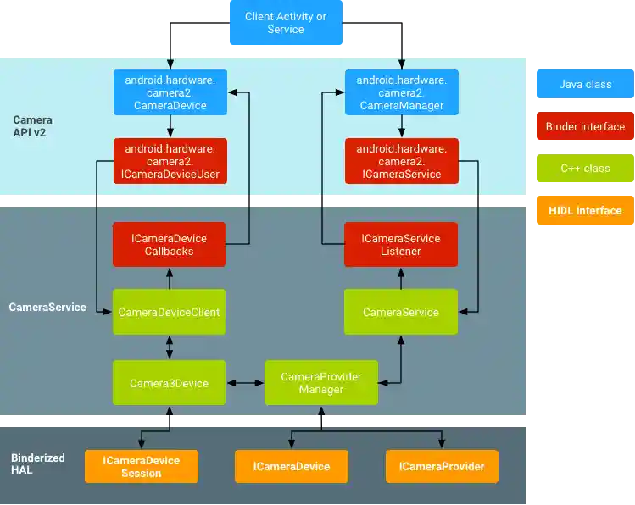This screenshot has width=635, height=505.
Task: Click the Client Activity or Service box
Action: pyautogui.click(x=285, y=23)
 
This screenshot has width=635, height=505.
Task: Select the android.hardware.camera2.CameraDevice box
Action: pyautogui.click(x=170, y=92)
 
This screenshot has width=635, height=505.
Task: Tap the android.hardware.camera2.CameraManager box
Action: pyautogui.click(x=401, y=92)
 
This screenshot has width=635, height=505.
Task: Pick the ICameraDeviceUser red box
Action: pyautogui.click(x=170, y=161)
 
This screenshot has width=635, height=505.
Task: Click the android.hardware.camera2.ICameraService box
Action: pyautogui.click(x=401, y=161)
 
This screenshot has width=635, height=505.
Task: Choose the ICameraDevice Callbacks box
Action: pyautogui.click(x=170, y=244)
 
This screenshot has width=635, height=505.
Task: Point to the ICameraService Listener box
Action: pyautogui.click(x=401, y=244)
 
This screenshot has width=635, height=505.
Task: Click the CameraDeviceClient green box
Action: pyautogui.click(x=170, y=312)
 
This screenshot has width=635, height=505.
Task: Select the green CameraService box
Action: pyautogui.click(x=401, y=312)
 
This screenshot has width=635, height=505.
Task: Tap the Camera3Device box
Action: pyautogui.click(x=170, y=383)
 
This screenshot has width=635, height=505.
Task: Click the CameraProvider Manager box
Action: pyautogui.click(x=320, y=383)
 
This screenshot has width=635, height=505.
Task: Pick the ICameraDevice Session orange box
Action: pyautogui.click(x=141, y=467)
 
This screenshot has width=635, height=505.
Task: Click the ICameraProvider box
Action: pyautogui.click(x=442, y=467)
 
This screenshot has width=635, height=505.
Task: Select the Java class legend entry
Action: pyautogui.click(x=585, y=85)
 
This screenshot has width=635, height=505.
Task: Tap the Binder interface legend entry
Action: pyautogui.click(x=585, y=126)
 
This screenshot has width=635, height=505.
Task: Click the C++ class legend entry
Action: pyautogui.click(x=585, y=168)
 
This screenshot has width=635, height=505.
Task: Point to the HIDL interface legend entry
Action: pyautogui.click(x=585, y=210)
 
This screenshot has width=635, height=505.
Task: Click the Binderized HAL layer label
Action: pyautogui.click(x=38, y=463)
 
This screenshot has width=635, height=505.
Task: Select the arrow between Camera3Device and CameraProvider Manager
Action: pyautogui.click(x=246, y=383)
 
